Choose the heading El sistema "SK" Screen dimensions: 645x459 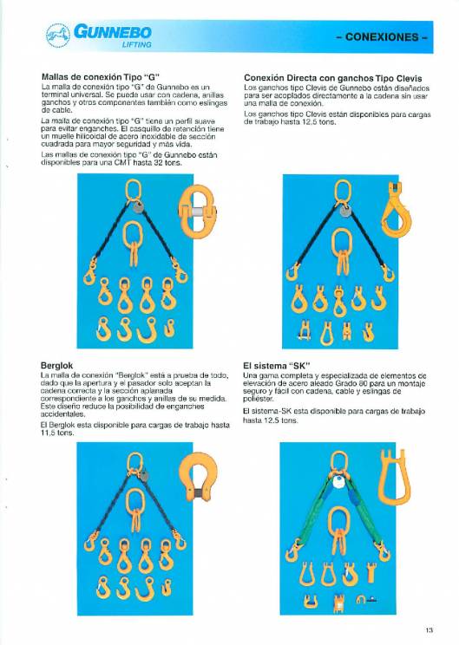(278, 365)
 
